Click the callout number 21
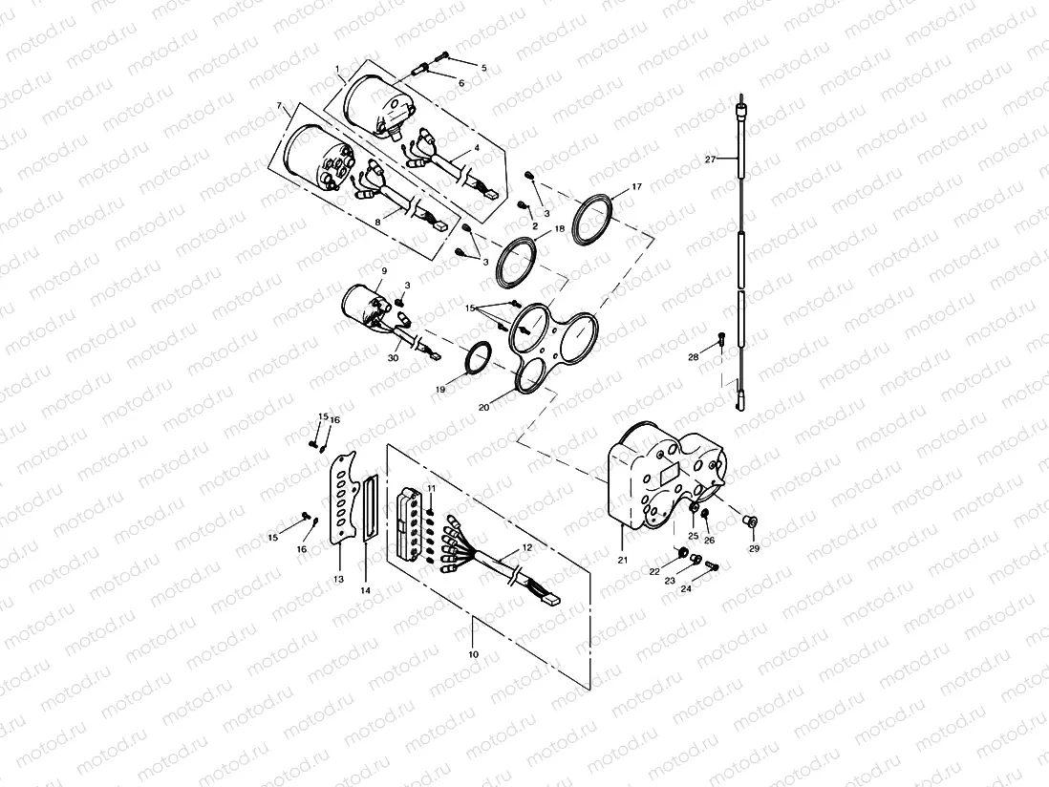[x=622, y=560]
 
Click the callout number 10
[x=475, y=654]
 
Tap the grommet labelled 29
[x=750, y=521]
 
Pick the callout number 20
[x=484, y=406]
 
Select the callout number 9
[x=383, y=271]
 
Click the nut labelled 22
[x=683, y=551]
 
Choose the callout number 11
[x=432, y=488]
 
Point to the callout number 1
[x=338, y=69]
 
